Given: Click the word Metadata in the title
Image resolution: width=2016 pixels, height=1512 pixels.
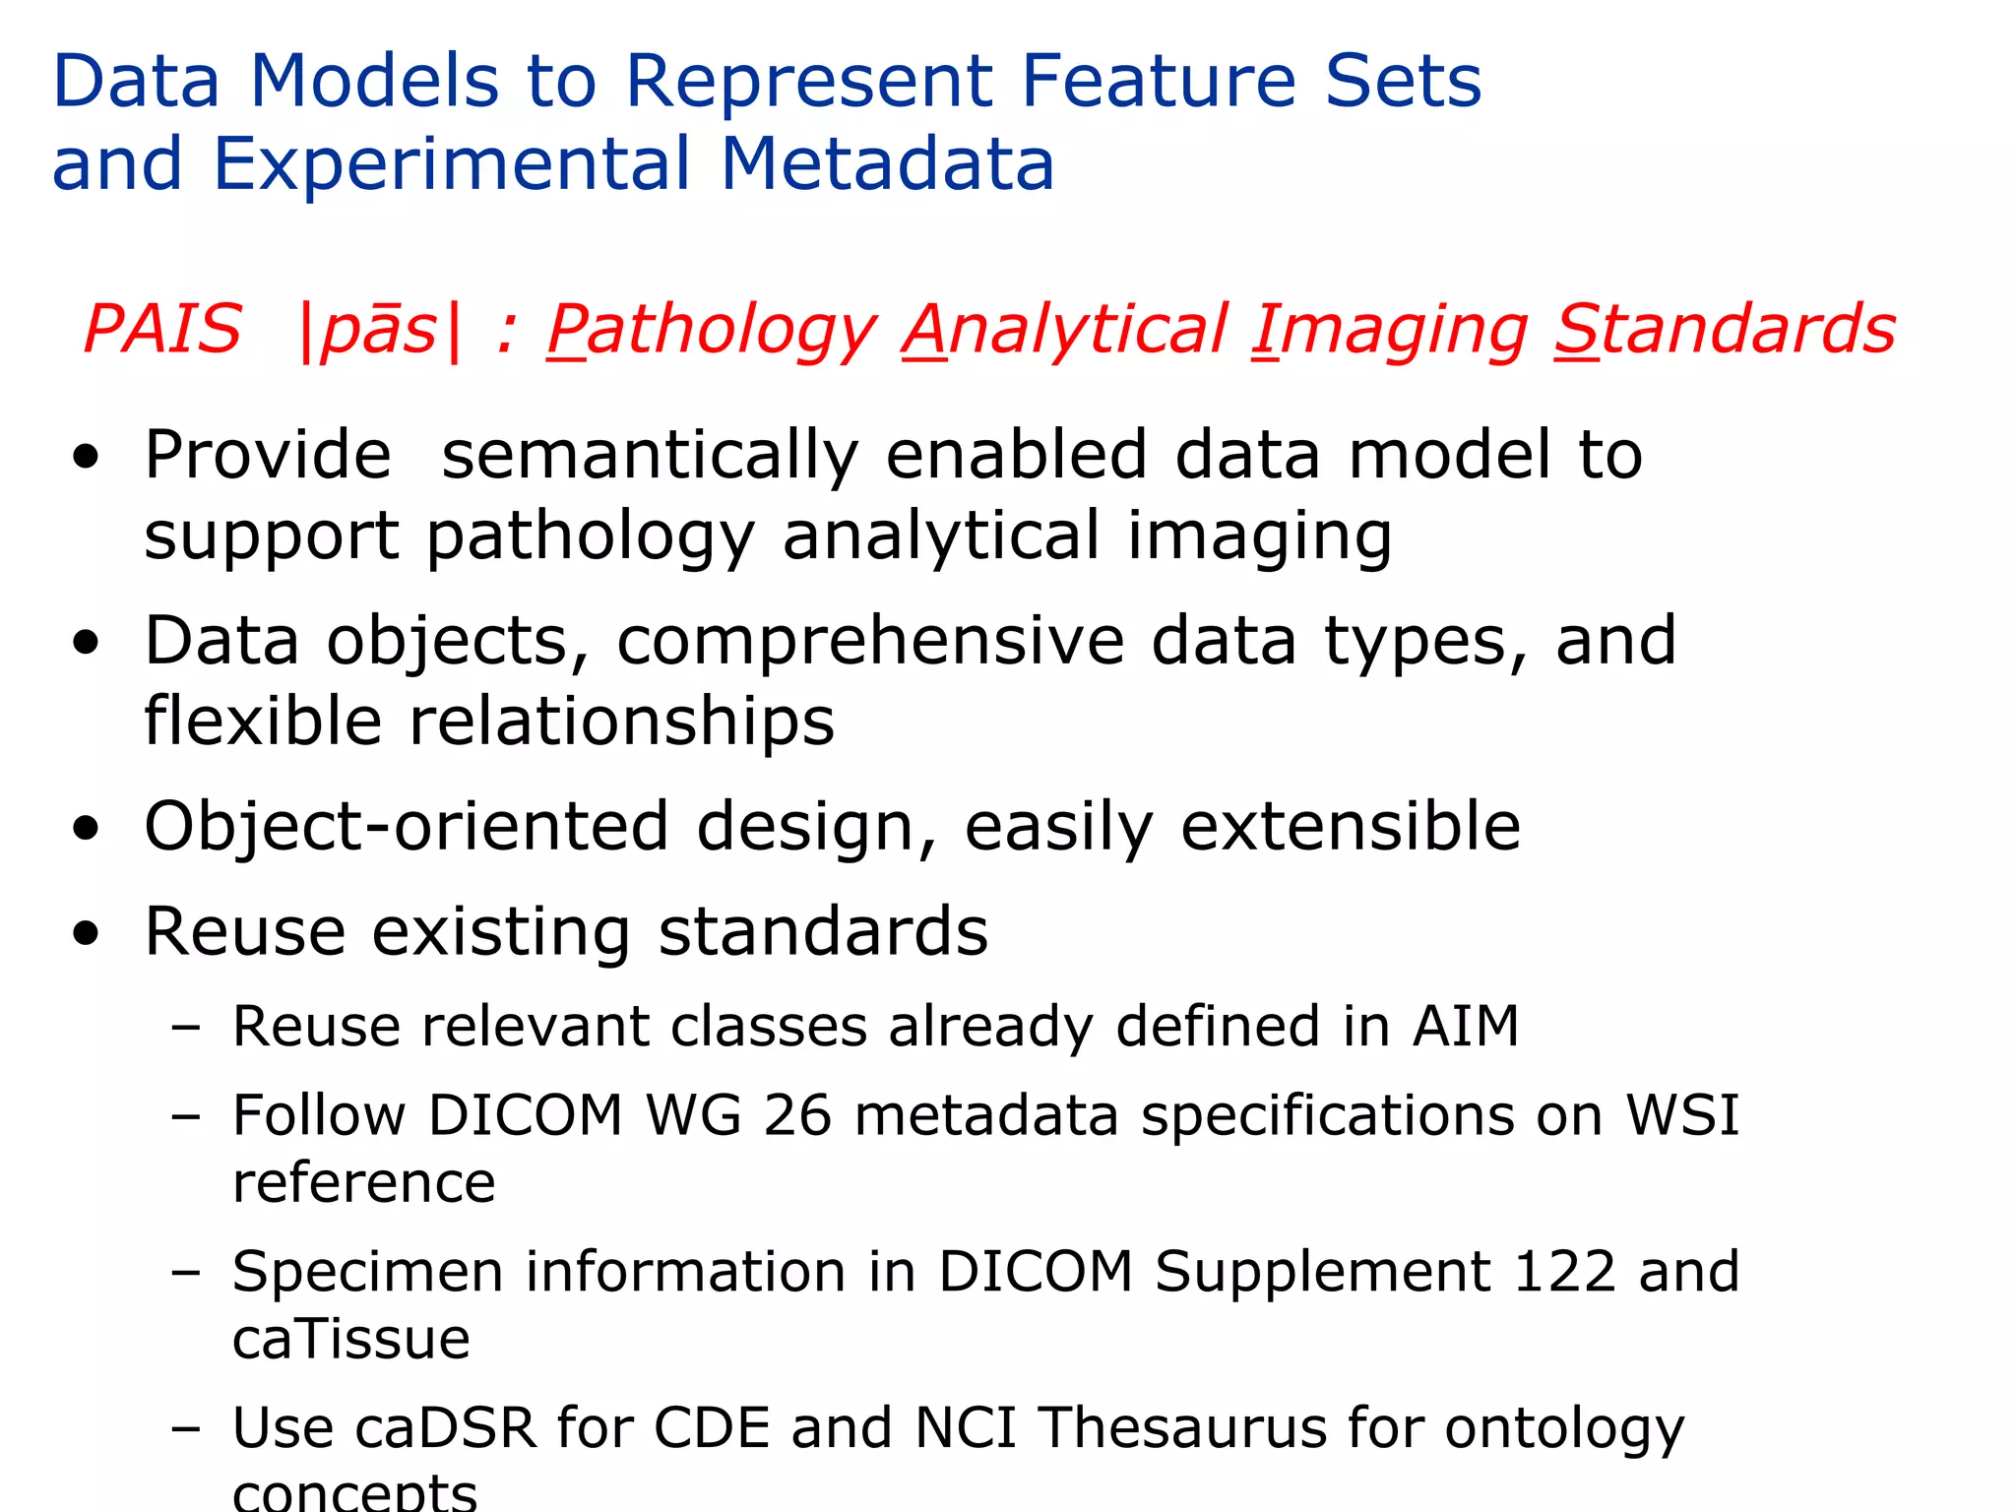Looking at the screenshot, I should tap(887, 163).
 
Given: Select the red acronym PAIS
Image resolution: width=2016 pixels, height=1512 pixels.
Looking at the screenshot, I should tap(162, 329).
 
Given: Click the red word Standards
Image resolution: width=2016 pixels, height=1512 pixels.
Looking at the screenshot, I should tap(1725, 329).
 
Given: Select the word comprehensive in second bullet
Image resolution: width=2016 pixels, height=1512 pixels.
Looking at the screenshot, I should tap(869, 641).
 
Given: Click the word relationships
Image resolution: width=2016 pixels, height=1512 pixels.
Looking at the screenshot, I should tap(621, 722).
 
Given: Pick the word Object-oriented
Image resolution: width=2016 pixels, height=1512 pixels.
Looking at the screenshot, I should tap(407, 826).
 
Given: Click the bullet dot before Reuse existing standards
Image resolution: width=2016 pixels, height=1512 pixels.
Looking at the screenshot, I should tap(87, 933).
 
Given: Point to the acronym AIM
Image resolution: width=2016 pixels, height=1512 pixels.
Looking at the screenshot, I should tap(1465, 1027).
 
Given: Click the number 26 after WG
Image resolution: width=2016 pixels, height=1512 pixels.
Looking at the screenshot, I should tap(796, 1116).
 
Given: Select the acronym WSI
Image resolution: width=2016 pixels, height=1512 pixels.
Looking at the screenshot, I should tap(1681, 1116).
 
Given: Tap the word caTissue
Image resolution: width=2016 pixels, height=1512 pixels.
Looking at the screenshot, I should tap(351, 1340).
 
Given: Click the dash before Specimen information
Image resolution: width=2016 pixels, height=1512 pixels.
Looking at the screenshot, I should tap(185, 1272).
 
